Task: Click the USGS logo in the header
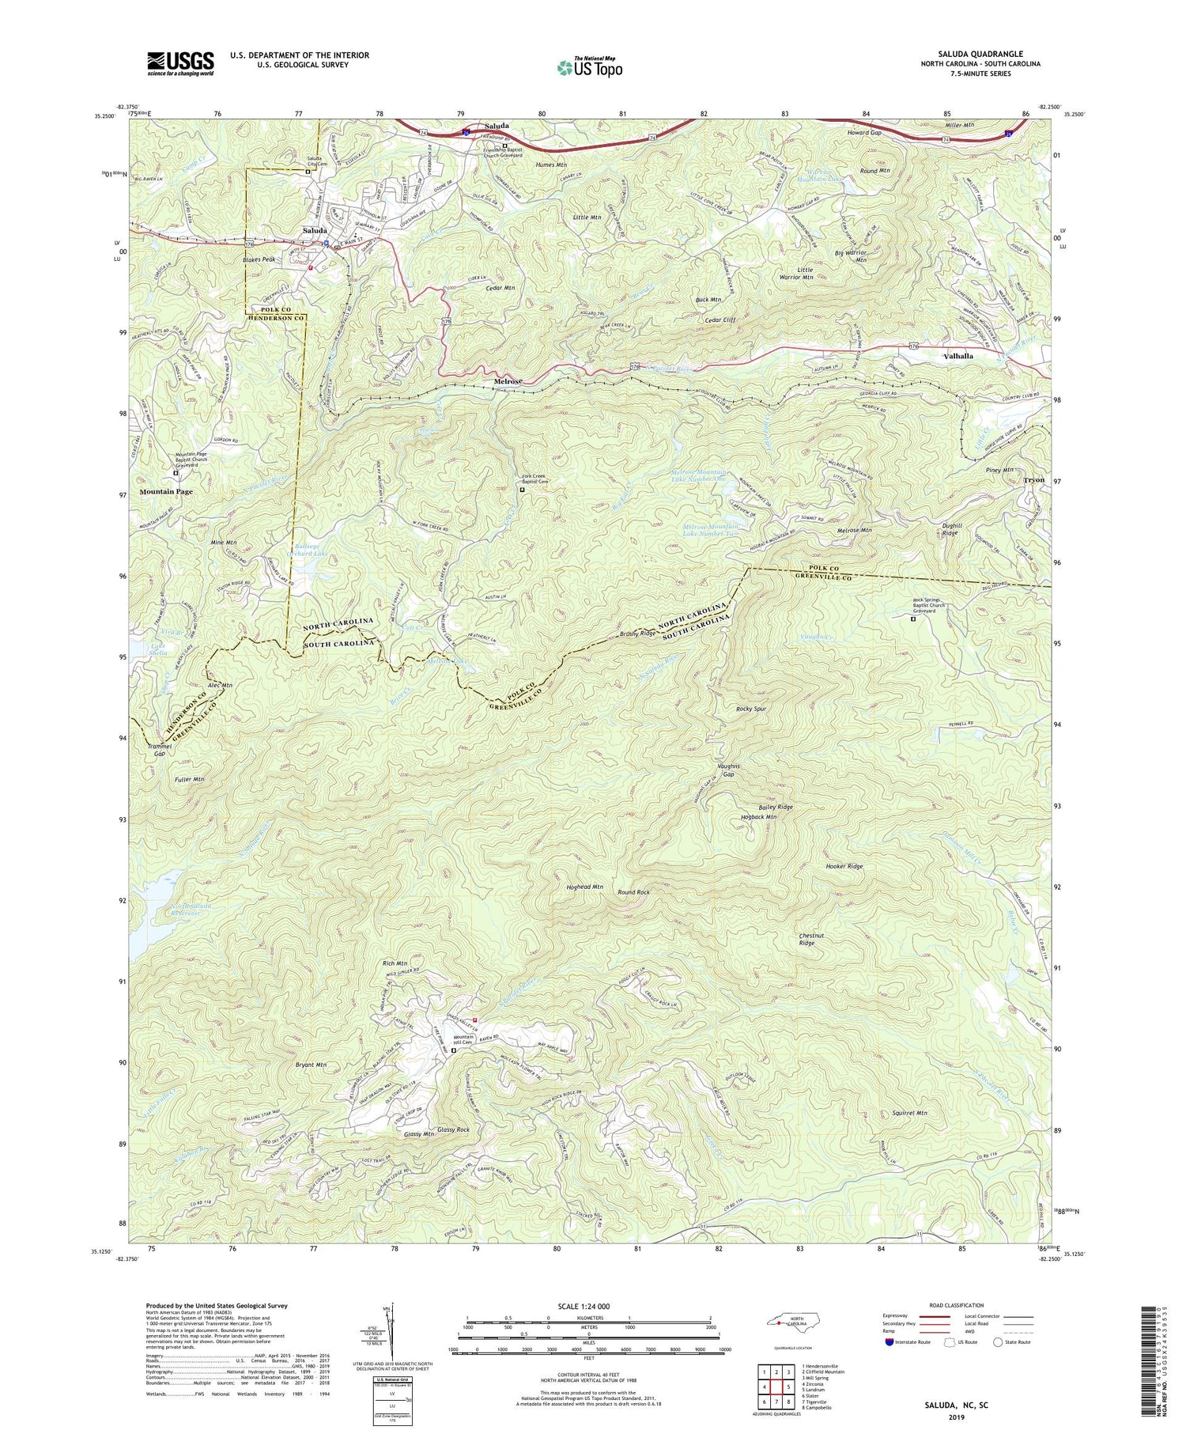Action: (180, 63)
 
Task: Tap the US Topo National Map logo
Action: (589, 68)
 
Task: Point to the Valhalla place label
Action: (958, 356)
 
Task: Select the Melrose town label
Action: (508, 382)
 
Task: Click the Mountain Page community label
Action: (166, 491)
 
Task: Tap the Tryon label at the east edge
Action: (1034, 480)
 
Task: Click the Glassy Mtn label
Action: (419, 1134)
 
